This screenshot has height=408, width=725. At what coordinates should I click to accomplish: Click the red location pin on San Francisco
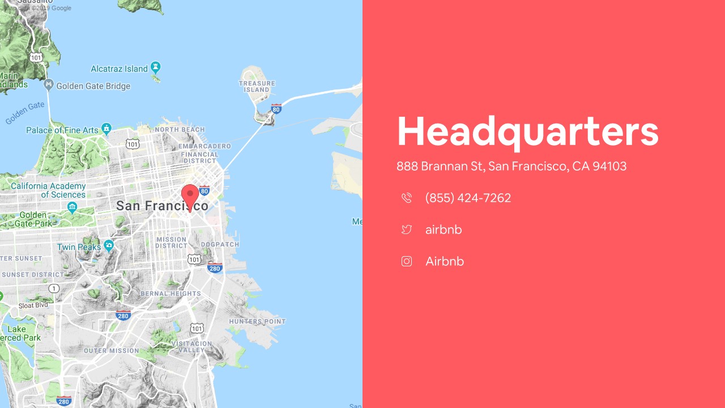[x=190, y=196]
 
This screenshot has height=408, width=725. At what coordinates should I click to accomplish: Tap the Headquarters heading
[x=527, y=131]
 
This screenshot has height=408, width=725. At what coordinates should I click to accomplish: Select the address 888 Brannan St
[x=511, y=167]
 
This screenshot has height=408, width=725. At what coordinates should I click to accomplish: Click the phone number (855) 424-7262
[x=468, y=198]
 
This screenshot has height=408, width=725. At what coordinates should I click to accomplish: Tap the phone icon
[x=407, y=198]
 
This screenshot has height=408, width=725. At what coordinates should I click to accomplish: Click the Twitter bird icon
[x=407, y=229]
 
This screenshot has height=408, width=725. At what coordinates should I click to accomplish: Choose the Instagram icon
[x=407, y=261]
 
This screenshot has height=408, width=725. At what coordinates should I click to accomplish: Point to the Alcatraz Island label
[x=119, y=69]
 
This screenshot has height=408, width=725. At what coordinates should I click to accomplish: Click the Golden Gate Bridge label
[x=93, y=86]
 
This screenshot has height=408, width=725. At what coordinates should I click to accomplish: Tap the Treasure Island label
[x=257, y=86]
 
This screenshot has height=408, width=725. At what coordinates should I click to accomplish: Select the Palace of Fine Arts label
[x=62, y=130]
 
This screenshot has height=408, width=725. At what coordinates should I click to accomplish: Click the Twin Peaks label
[x=79, y=247]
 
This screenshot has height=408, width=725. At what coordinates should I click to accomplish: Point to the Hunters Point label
[x=257, y=321]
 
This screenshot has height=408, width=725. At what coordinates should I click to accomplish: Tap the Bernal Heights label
[x=170, y=294]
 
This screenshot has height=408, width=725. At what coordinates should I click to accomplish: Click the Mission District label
[x=171, y=243]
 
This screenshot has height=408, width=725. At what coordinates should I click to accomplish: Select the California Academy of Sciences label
[x=48, y=190]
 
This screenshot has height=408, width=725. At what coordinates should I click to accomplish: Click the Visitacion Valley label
[x=191, y=347]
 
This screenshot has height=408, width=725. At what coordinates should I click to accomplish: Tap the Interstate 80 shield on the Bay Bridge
[x=276, y=108]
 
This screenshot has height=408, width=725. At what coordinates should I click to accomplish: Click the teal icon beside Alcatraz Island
[x=156, y=67]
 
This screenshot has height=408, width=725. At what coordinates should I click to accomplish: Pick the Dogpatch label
[x=220, y=244]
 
